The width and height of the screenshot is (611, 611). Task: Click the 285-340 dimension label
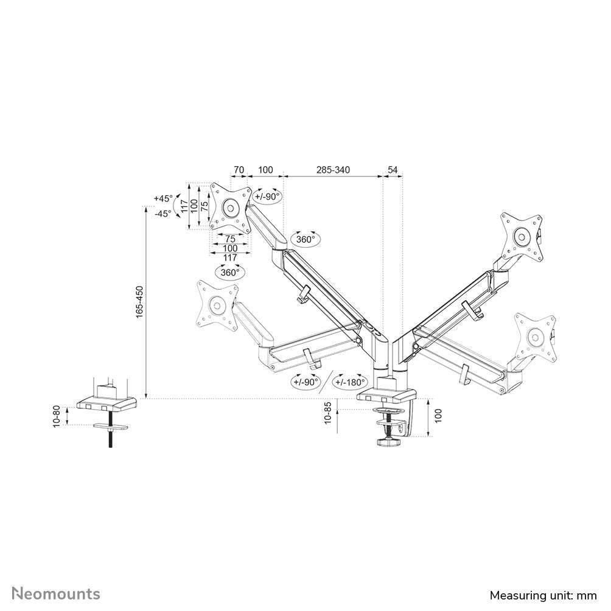pyautogui.click(x=333, y=170)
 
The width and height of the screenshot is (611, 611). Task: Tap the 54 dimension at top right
pyautogui.click(x=393, y=170)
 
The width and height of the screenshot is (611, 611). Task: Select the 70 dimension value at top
pyautogui.click(x=239, y=170)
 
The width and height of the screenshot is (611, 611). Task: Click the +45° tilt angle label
pyautogui.click(x=163, y=198)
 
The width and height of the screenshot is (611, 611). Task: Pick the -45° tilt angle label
pyautogui.click(x=163, y=213)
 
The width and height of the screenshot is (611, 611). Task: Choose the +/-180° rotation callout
pyautogui.click(x=349, y=382)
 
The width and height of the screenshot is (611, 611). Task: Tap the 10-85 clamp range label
pyautogui.click(x=329, y=413)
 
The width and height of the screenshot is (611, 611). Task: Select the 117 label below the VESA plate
pyautogui.click(x=229, y=258)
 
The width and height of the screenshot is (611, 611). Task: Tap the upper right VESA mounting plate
pyautogui.click(x=521, y=236)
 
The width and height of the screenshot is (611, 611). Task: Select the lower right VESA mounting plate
pyautogui.click(x=535, y=337)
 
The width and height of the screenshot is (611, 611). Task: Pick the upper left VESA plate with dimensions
pyautogui.click(x=231, y=208)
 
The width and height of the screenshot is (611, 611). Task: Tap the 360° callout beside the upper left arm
pyautogui.click(x=305, y=239)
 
